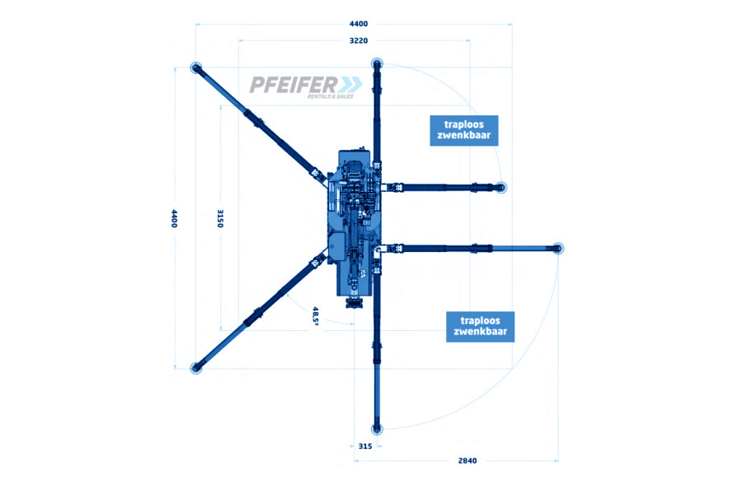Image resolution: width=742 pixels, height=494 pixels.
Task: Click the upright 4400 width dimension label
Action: coord(359,24)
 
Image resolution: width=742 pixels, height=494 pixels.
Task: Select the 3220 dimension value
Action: coord(359,40)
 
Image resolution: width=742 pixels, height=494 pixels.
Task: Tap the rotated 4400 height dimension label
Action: coord(174,218)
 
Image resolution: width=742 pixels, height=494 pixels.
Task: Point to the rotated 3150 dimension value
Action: coord(220,218)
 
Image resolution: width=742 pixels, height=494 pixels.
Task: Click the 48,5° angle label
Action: coord(316,315)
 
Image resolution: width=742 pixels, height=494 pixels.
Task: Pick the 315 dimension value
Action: coord(365,446)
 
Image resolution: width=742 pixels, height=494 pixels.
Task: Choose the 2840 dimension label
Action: coord(467,460)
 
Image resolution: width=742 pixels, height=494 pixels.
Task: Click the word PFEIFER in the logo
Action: coord(294,85)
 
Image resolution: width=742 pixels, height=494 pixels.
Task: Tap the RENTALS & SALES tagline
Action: coord(331,96)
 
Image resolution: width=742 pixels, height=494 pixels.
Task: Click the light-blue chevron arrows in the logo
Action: coord(350,85)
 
